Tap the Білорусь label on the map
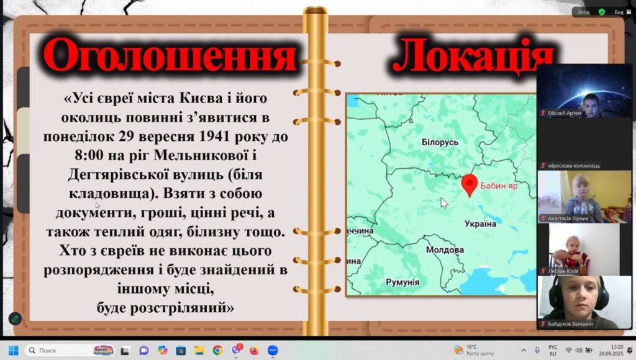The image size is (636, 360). (440, 142)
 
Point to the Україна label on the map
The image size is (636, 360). (480, 223)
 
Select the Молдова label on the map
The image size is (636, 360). (445, 250)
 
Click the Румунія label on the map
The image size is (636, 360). (402, 282)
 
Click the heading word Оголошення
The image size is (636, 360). (170, 55)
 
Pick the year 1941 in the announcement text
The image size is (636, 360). (218, 136)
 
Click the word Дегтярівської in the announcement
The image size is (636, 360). (118, 175)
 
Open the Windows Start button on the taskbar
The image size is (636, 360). (14, 350)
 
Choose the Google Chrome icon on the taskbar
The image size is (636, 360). (217, 350)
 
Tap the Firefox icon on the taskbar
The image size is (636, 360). (254, 350)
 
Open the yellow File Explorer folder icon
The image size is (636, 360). (199, 350)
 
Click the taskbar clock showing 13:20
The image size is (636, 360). (617, 350)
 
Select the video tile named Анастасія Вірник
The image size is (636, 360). (584, 197)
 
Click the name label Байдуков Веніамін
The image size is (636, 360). (570, 324)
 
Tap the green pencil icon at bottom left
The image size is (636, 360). (15, 318)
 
